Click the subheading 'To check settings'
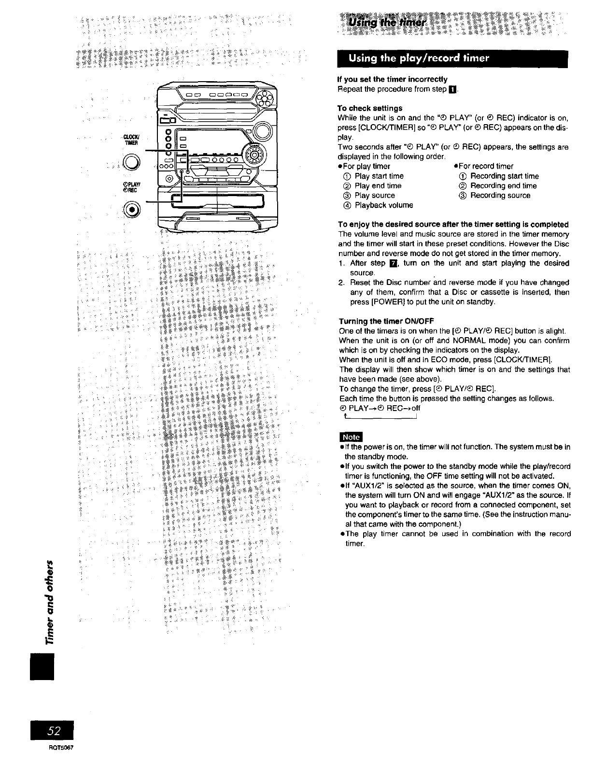(369, 108)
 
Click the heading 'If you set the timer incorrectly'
(392, 79)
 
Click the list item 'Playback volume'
(384, 205)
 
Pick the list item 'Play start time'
(379, 176)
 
